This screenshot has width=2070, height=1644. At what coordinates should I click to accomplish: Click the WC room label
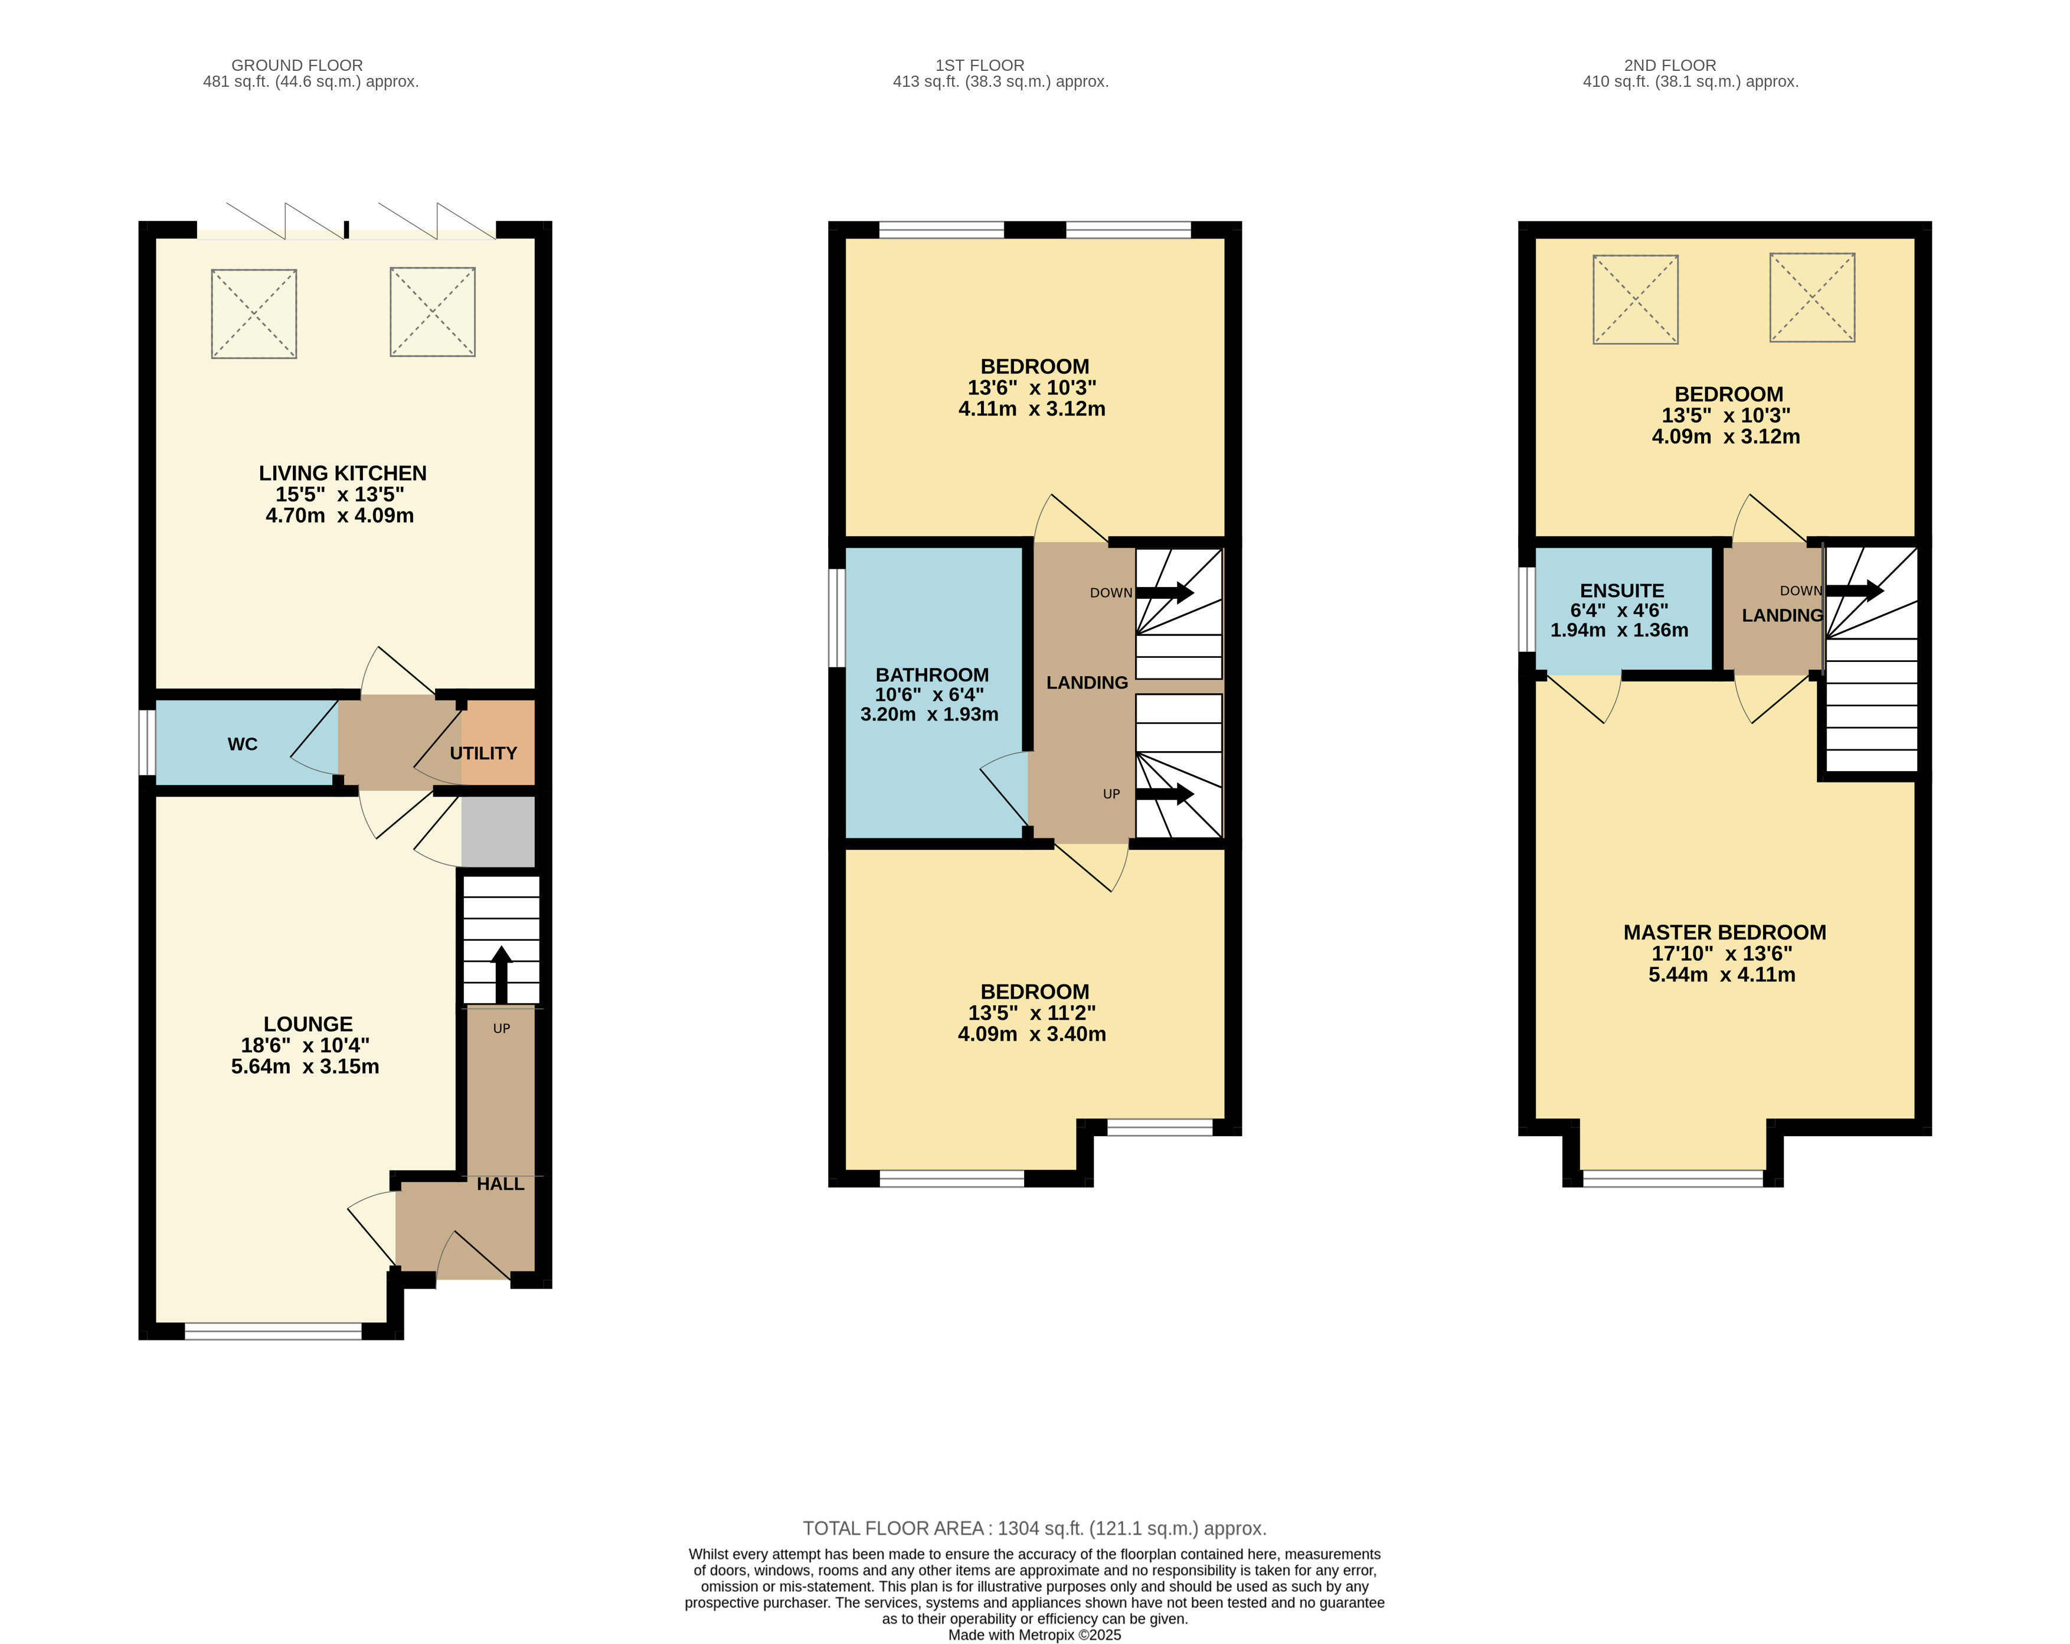(x=243, y=744)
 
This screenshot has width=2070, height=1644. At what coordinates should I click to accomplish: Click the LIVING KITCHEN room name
(x=343, y=474)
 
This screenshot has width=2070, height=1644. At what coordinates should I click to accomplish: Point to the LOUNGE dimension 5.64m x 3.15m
(x=305, y=1066)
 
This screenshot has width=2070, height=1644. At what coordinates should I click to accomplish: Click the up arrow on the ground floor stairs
(x=501, y=976)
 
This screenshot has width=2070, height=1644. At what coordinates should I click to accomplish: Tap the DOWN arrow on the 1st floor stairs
(x=1165, y=592)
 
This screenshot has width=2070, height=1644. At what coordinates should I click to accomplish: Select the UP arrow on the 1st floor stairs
(x=1165, y=794)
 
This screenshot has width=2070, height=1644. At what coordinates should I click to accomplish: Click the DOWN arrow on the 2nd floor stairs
(x=1855, y=591)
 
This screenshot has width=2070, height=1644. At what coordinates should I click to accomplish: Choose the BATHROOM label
(x=932, y=675)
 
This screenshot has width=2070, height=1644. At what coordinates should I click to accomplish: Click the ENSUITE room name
(x=1623, y=591)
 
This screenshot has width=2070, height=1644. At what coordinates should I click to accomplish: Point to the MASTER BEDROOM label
(x=1725, y=932)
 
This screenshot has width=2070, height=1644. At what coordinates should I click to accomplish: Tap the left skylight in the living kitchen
(x=254, y=314)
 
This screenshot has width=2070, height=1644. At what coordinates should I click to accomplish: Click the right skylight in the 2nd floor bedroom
(x=1813, y=298)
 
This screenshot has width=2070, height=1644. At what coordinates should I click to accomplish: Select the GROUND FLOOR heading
(x=297, y=66)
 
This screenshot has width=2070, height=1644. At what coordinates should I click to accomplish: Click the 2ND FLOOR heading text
(x=1670, y=66)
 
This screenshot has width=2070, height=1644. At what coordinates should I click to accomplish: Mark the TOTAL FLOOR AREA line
(x=1035, y=1528)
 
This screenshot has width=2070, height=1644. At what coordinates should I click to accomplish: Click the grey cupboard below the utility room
(x=498, y=831)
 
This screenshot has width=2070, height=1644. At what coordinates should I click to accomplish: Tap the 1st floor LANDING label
(x=1087, y=683)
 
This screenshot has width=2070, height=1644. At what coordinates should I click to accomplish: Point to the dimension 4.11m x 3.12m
(x=1032, y=409)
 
